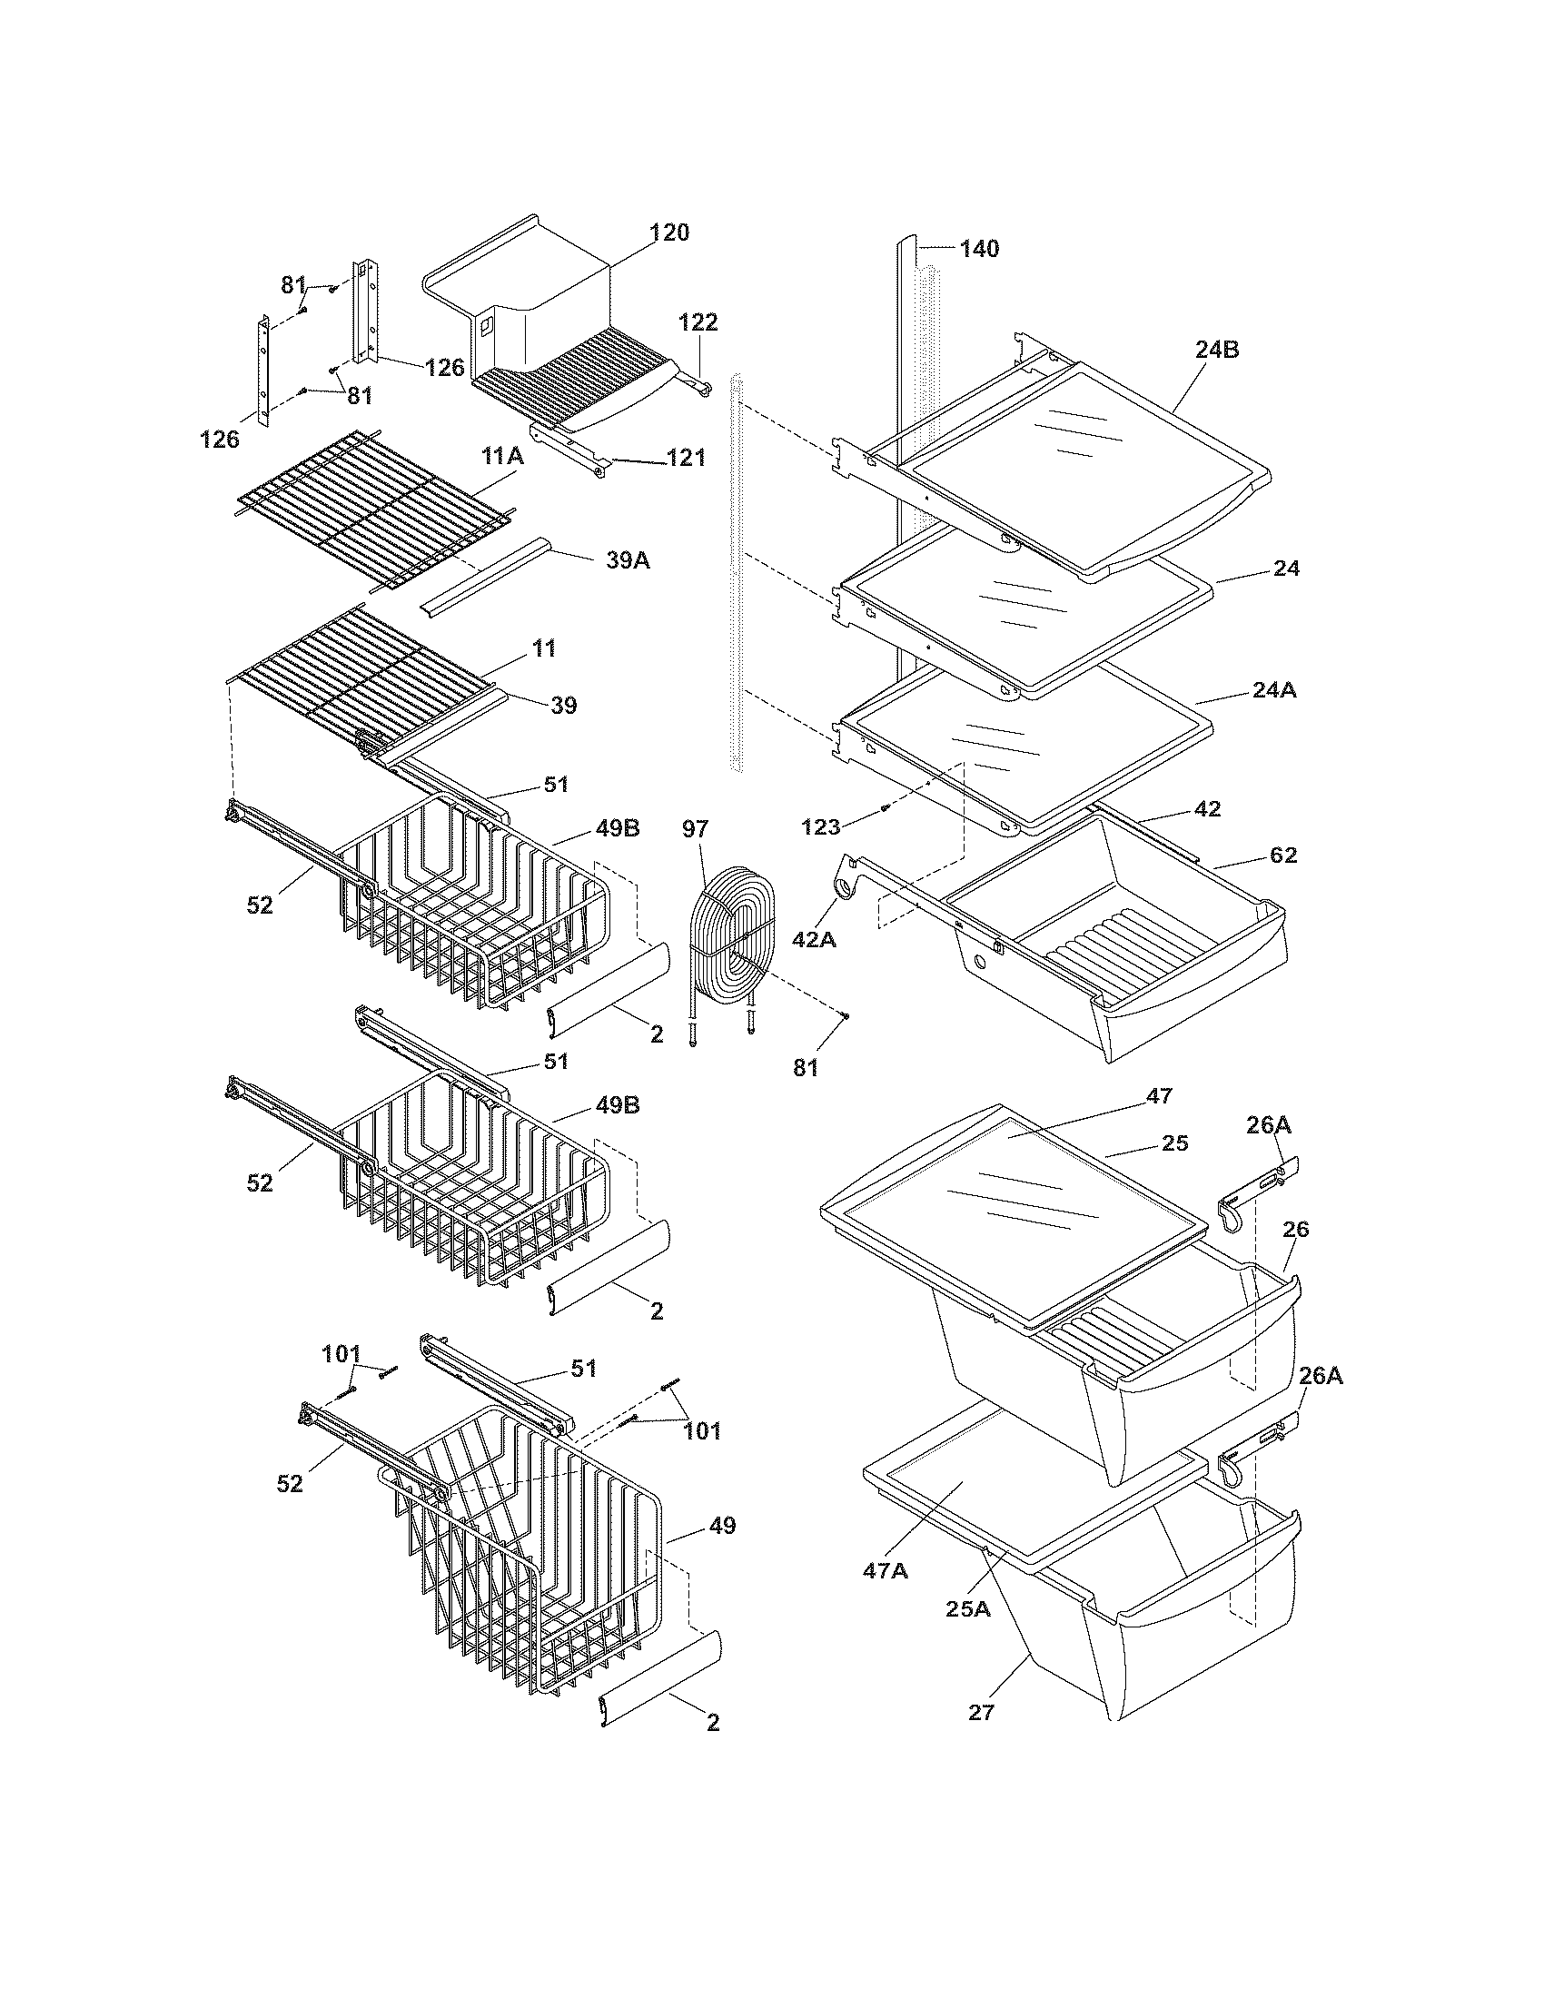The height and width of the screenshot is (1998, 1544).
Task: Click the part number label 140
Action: click(x=979, y=249)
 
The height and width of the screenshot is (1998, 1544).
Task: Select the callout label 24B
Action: click(x=1216, y=350)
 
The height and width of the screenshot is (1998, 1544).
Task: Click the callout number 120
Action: click(x=669, y=232)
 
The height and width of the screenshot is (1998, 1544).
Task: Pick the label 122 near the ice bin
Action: click(x=698, y=322)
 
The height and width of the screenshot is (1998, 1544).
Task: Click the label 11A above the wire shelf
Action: click(x=503, y=457)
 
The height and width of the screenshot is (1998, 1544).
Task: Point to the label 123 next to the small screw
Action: click(x=820, y=827)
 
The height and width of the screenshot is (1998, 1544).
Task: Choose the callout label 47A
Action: click(x=885, y=1571)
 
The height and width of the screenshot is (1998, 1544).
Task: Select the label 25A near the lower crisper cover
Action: click(x=969, y=1609)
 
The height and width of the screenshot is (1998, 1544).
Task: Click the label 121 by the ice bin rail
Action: click(x=687, y=458)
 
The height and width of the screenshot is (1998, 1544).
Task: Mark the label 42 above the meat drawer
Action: click(x=1207, y=808)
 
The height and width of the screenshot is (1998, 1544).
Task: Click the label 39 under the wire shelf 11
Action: click(x=563, y=706)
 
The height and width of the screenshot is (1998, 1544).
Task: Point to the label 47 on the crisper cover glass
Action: click(x=1158, y=1096)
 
